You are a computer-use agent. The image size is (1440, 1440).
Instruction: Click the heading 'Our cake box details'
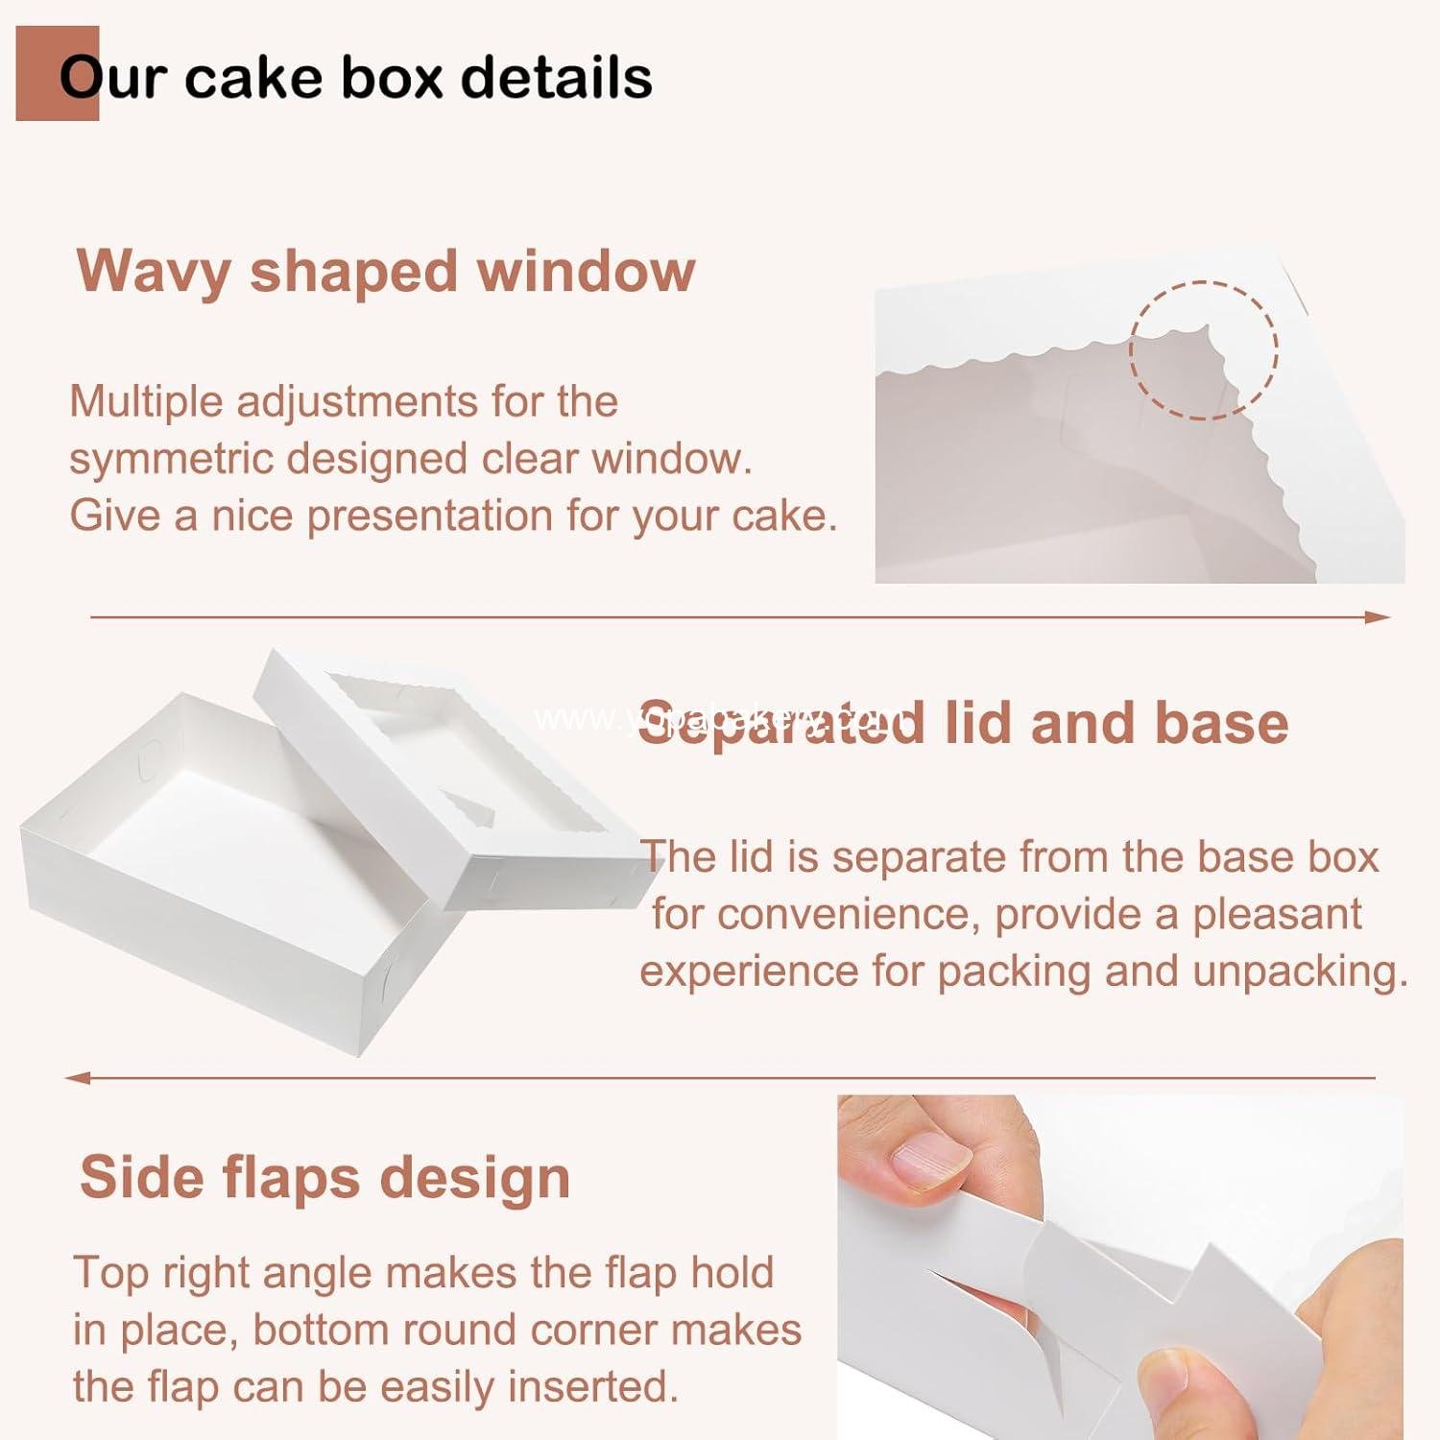pos(355,77)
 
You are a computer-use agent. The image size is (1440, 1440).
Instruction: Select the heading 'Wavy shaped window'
pos(386,272)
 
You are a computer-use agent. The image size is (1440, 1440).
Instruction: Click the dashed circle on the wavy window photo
pos(1203,349)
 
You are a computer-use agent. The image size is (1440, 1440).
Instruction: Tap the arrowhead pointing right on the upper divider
pos(1379,617)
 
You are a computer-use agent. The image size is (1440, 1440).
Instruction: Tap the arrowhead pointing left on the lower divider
pos(77,1077)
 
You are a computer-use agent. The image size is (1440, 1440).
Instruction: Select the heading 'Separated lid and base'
pos(963,722)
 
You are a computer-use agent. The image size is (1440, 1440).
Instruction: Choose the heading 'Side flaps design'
pos(324,1177)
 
